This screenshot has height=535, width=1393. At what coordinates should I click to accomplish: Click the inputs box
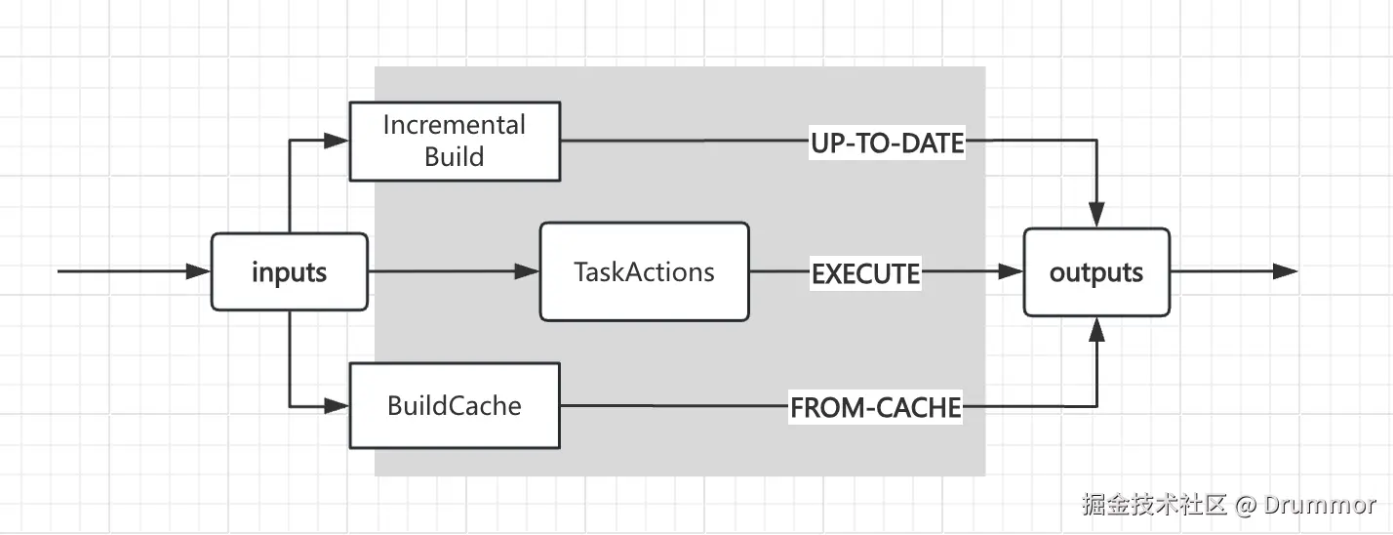tap(289, 272)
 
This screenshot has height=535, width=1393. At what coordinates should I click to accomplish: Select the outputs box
tap(1095, 272)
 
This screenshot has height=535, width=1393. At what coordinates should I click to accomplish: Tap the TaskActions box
tap(644, 272)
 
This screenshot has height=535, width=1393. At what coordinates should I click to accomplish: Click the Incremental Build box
tap(455, 142)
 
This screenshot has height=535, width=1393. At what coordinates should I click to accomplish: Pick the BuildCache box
tap(455, 405)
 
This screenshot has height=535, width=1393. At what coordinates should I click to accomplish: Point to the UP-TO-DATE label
tap(887, 144)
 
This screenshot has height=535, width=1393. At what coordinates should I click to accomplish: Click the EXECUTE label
tap(866, 274)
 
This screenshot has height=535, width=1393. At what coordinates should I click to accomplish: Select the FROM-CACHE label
tap(875, 407)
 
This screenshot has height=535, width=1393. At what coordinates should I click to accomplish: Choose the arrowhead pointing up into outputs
tap(1096, 330)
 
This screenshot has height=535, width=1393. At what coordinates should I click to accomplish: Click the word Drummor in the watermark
tap(1320, 505)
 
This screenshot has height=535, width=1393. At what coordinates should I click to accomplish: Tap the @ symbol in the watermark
tap(1245, 505)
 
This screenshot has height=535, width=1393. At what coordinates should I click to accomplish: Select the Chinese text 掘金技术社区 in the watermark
tap(1153, 505)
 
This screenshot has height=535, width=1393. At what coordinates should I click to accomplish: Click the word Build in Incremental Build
tap(455, 157)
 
